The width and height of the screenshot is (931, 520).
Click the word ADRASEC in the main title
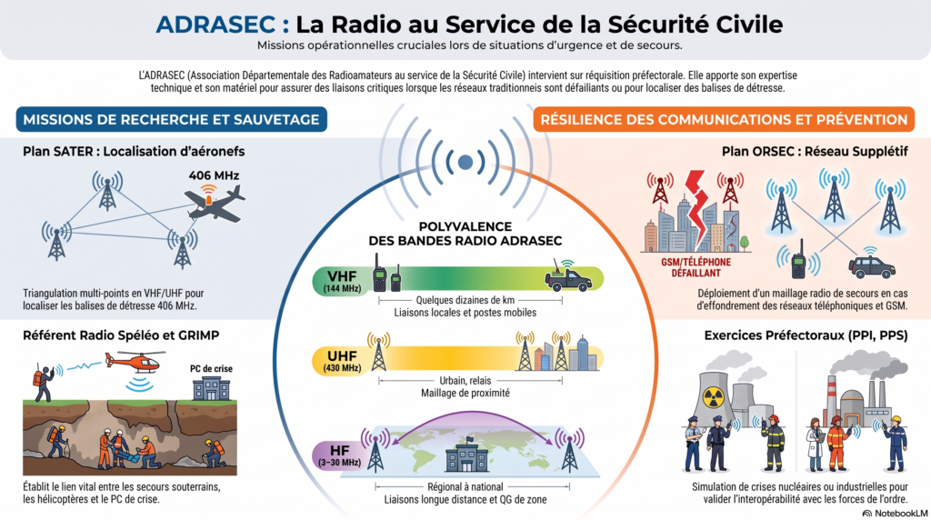[x=215, y=25]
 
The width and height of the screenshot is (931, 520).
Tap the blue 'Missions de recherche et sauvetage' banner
[x=172, y=119]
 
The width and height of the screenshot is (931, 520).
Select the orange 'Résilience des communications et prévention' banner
[x=724, y=119]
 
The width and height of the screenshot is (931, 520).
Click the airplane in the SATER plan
[x=215, y=203]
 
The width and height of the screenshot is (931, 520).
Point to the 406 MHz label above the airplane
[x=214, y=175]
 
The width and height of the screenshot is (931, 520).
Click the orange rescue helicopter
[x=136, y=361]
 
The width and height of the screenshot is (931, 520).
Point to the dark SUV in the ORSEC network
[x=872, y=266]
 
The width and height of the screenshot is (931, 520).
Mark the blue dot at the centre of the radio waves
[x=465, y=162]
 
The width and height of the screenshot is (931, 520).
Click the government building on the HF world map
[x=467, y=455]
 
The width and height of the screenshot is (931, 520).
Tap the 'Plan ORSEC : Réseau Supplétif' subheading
[x=815, y=152]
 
